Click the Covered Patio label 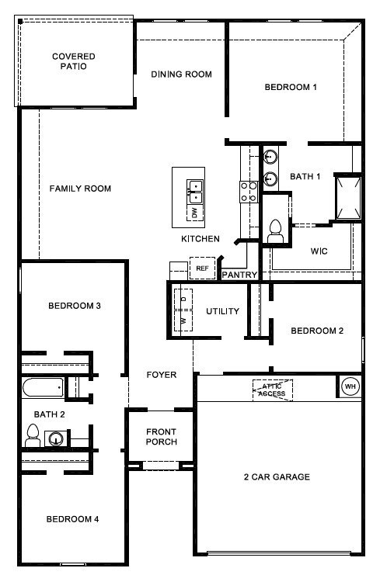(x=73, y=61)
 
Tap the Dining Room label (x=181, y=74)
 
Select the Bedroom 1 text (x=291, y=87)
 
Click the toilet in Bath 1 (x=274, y=228)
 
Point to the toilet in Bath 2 (x=33, y=436)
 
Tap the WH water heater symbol (x=350, y=386)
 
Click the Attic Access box (x=272, y=390)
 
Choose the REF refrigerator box (x=201, y=268)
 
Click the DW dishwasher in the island (x=193, y=211)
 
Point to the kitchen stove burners (x=249, y=192)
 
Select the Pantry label (x=239, y=275)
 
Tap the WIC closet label (x=319, y=251)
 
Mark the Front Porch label (x=161, y=437)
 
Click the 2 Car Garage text (x=277, y=476)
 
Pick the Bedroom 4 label (x=72, y=519)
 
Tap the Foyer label (x=162, y=375)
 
